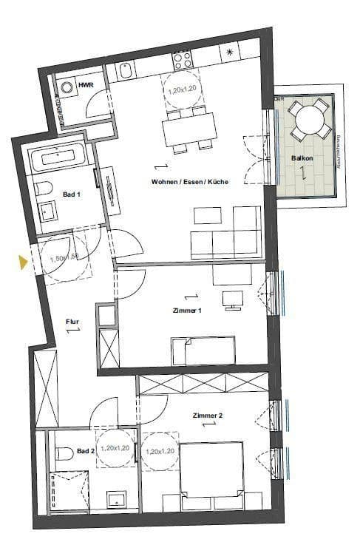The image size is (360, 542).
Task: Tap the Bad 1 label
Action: (x=71, y=194)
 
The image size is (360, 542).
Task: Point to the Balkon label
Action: (x=301, y=158)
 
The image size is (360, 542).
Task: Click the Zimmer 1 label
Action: (x=187, y=311)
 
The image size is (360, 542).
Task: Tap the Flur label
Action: (x=72, y=322)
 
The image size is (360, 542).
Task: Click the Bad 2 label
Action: (x=86, y=450)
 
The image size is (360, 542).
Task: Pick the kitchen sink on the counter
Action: (x=126, y=71)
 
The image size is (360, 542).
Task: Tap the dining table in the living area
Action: (x=189, y=129)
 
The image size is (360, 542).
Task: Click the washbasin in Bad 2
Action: (x=115, y=500)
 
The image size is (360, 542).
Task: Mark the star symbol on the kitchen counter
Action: (x=231, y=52)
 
